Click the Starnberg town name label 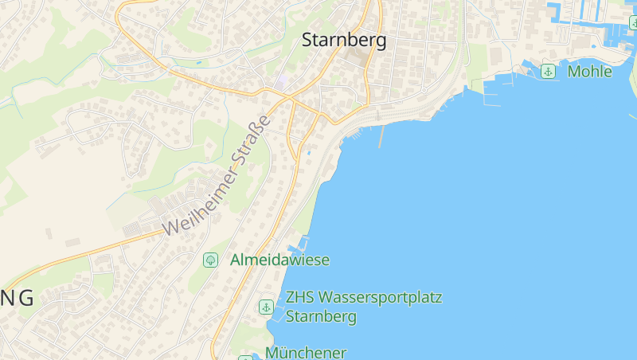[344, 40]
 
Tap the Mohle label [589, 72]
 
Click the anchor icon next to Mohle [548, 72]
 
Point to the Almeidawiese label [279, 260]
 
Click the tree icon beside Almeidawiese [210, 260]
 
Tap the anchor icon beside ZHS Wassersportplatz [266, 307]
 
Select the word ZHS [300, 298]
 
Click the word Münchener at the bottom [306, 352]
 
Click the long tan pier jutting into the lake [381, 136]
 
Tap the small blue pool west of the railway [308, 153]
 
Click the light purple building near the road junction [283, 82]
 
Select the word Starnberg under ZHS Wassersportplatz [321, 316]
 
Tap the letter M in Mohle [574, 72]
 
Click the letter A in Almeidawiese [236, 260]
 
